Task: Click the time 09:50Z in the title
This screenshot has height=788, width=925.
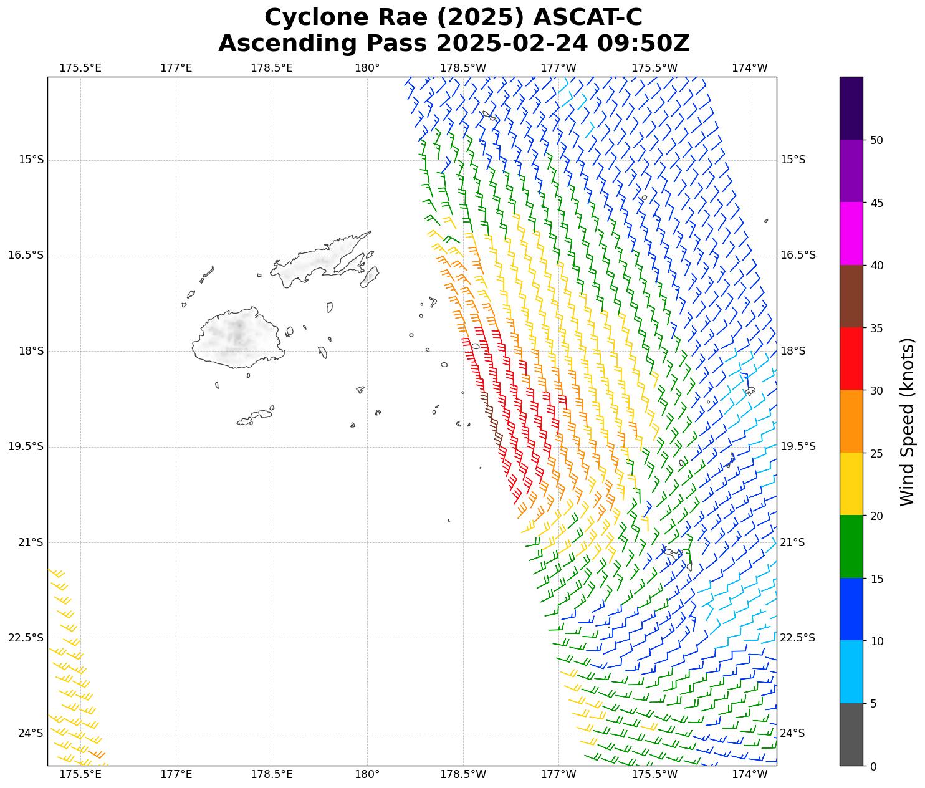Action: (643, 44)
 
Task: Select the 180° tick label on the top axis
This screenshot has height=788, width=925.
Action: (367, 68)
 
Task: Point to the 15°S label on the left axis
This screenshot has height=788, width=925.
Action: (31, 160)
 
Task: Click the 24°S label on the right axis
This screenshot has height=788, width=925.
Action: (793, 733)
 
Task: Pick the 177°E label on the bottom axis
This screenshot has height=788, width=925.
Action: (176, 775)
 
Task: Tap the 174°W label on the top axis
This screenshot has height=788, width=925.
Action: (750, 68)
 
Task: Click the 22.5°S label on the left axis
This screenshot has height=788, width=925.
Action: (26, 638)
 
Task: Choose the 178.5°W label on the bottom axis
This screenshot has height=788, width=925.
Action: (463, 775)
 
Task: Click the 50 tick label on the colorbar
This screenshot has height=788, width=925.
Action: (876, 140)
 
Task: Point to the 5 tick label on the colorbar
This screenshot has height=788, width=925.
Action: (873, 704)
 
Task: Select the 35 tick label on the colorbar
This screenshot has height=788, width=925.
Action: (876, 328)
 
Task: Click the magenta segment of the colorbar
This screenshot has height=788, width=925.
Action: (851, 233)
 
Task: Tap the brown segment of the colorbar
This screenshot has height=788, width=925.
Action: (851, 296)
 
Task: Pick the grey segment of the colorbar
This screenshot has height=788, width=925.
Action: (851, 734)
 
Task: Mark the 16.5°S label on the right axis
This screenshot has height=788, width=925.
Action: (798, 256)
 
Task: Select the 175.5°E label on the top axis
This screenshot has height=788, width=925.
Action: (80, 68)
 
